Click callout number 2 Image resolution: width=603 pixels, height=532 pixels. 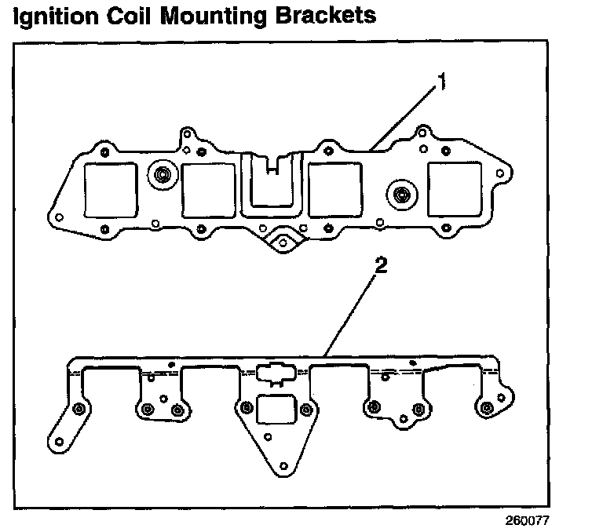[x=381, y=266]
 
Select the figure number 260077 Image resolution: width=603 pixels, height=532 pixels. [x=528, y=519]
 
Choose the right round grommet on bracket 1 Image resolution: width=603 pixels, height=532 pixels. [x=401, y=193]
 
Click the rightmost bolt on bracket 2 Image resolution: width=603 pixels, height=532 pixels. [x=488, y=406]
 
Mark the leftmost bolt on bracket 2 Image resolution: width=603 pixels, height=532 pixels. [x=78, y=409]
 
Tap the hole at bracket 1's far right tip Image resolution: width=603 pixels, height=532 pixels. [x=502, y=171]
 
